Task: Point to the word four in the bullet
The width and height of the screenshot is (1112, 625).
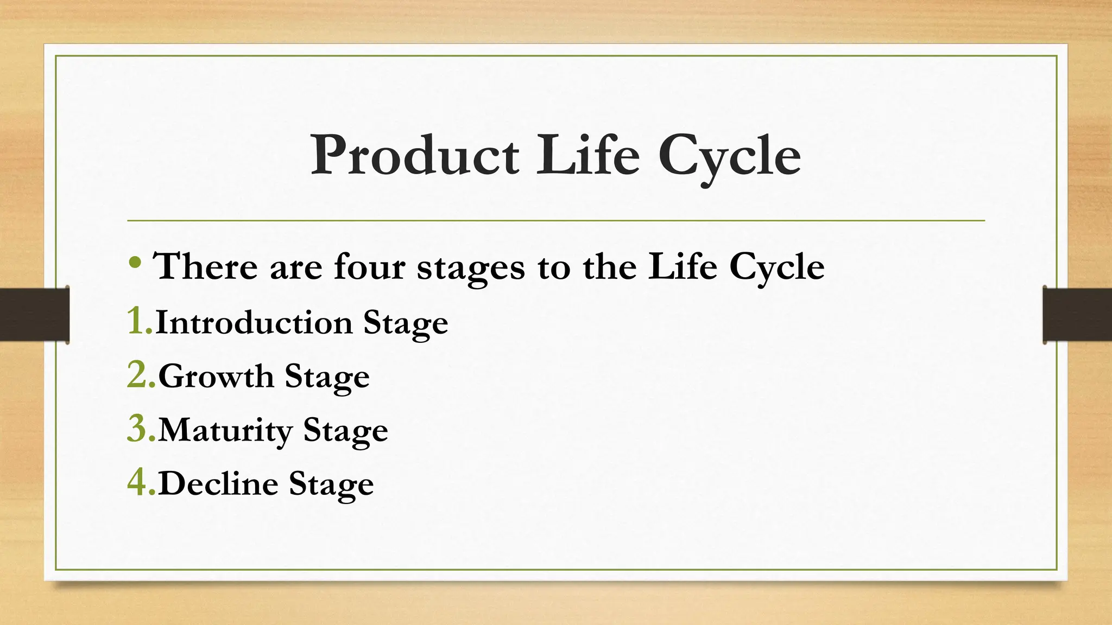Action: tap(369, 266)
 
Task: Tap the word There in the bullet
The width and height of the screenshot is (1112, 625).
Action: tap(205, 266)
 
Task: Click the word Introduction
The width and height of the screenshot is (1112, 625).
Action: tap(254, 322)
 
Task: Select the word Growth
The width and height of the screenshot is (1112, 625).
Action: tap(216, 376)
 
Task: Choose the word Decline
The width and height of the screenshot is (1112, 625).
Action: tap(218, 483)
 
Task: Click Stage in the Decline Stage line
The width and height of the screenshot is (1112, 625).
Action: tap(331, 484)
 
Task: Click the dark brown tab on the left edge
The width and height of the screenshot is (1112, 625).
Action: tap(34, 315)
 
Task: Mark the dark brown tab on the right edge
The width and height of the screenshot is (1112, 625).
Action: tap(1077, 315)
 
